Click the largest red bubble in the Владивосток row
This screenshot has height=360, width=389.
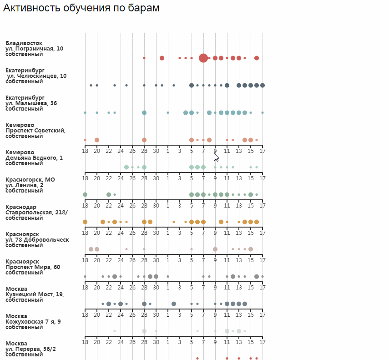point(203,58)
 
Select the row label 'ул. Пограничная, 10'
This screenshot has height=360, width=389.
point(34,49)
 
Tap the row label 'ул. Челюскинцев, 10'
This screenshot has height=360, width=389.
point(36,76)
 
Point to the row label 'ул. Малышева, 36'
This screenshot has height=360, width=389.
point(31,103)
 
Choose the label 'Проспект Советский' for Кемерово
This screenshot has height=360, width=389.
point(35,131)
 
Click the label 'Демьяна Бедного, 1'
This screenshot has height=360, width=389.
point(34,158)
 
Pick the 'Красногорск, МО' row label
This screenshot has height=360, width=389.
point(30,180)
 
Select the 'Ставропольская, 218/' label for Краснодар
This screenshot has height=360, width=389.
point(36,213)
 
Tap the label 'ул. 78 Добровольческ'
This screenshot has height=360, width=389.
point(37,240)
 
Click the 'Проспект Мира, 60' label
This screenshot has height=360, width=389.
point(33,267)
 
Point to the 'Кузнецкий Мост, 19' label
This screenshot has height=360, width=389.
point(35,294)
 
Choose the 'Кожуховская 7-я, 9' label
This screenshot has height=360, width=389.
point(33,322)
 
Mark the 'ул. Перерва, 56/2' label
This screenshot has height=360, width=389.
point(30,349)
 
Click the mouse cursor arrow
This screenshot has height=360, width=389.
point(216,157)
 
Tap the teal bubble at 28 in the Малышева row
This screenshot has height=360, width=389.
point(144,112)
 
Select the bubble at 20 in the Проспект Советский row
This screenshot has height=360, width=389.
point(97,140)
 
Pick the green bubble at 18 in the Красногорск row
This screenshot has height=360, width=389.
point(85,194)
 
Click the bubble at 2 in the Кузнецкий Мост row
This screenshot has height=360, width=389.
point(174,304)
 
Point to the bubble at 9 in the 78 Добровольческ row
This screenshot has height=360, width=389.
point(215,249)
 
